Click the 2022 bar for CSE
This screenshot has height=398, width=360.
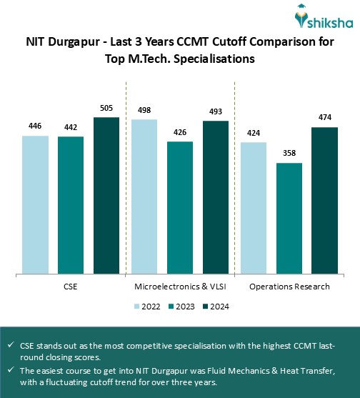pos(35,204)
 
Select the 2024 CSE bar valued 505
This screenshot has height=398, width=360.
pos(106,194)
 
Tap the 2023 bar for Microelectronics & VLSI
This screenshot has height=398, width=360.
pos(180,207)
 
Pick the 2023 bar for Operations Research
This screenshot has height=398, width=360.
pos(289,217)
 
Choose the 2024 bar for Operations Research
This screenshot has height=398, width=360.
pos(324,199)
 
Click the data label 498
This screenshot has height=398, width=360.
pos(144,109)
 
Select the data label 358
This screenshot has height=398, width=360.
pos(289,153)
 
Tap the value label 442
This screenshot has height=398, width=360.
pos(71,126)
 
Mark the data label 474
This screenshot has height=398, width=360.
pos(324,117)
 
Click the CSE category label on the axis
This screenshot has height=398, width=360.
pos(71,287)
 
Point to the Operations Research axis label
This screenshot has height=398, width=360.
pos(289,287)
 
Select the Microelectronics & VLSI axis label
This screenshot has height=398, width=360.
pos(180,287)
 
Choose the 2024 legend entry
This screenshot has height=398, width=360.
pos(218,307)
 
